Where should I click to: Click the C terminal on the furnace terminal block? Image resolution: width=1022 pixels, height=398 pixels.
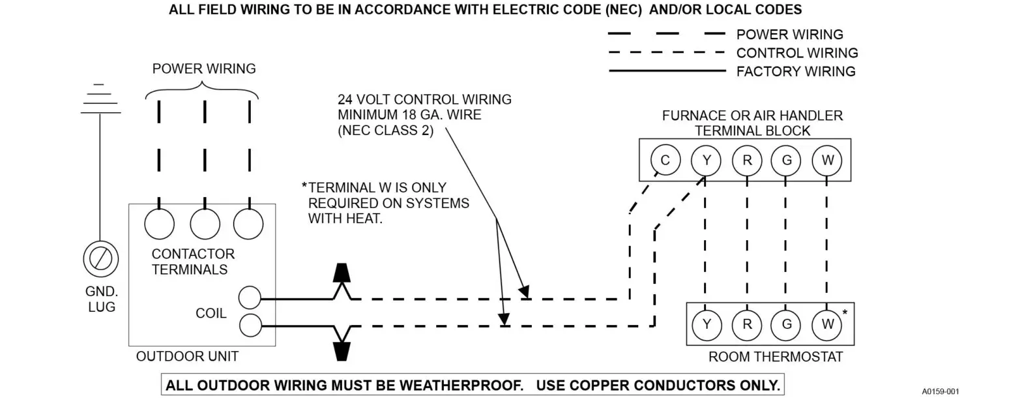(x=665, y=160)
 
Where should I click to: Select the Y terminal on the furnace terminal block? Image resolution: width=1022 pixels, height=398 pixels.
(x=706, y=160)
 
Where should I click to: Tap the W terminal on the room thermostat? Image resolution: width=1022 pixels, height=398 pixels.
(x=826, y=324)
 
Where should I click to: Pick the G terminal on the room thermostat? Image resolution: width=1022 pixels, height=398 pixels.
(x=787, y=324)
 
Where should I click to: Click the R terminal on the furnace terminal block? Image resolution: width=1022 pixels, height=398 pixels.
(x=746, y=160)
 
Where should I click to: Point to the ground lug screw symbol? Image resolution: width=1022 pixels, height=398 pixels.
(x=100, y=259)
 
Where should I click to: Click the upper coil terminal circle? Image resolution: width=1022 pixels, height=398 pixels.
(x=250, y=298)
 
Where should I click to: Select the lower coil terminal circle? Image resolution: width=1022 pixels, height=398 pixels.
(x=250, y=324)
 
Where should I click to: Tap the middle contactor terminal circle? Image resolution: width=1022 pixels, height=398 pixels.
(x=205, y=224)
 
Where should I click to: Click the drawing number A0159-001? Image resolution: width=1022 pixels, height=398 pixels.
(x=941, y=391)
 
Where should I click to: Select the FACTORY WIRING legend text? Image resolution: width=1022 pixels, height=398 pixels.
(x=795, y=72)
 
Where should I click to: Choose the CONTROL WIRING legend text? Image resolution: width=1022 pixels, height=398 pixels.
(x=796, y=53)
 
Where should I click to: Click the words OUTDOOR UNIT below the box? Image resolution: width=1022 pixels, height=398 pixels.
(x=187, y=356)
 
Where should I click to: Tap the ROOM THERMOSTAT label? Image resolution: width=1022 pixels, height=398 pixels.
(x=775, y=357)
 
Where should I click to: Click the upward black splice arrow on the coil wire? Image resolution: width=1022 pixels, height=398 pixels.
(x=342, y=273)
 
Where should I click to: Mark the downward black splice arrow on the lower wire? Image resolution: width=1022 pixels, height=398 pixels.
(x=342, y=351)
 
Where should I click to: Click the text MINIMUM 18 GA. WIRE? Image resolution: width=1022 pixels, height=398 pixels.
(x=409, y=115)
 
